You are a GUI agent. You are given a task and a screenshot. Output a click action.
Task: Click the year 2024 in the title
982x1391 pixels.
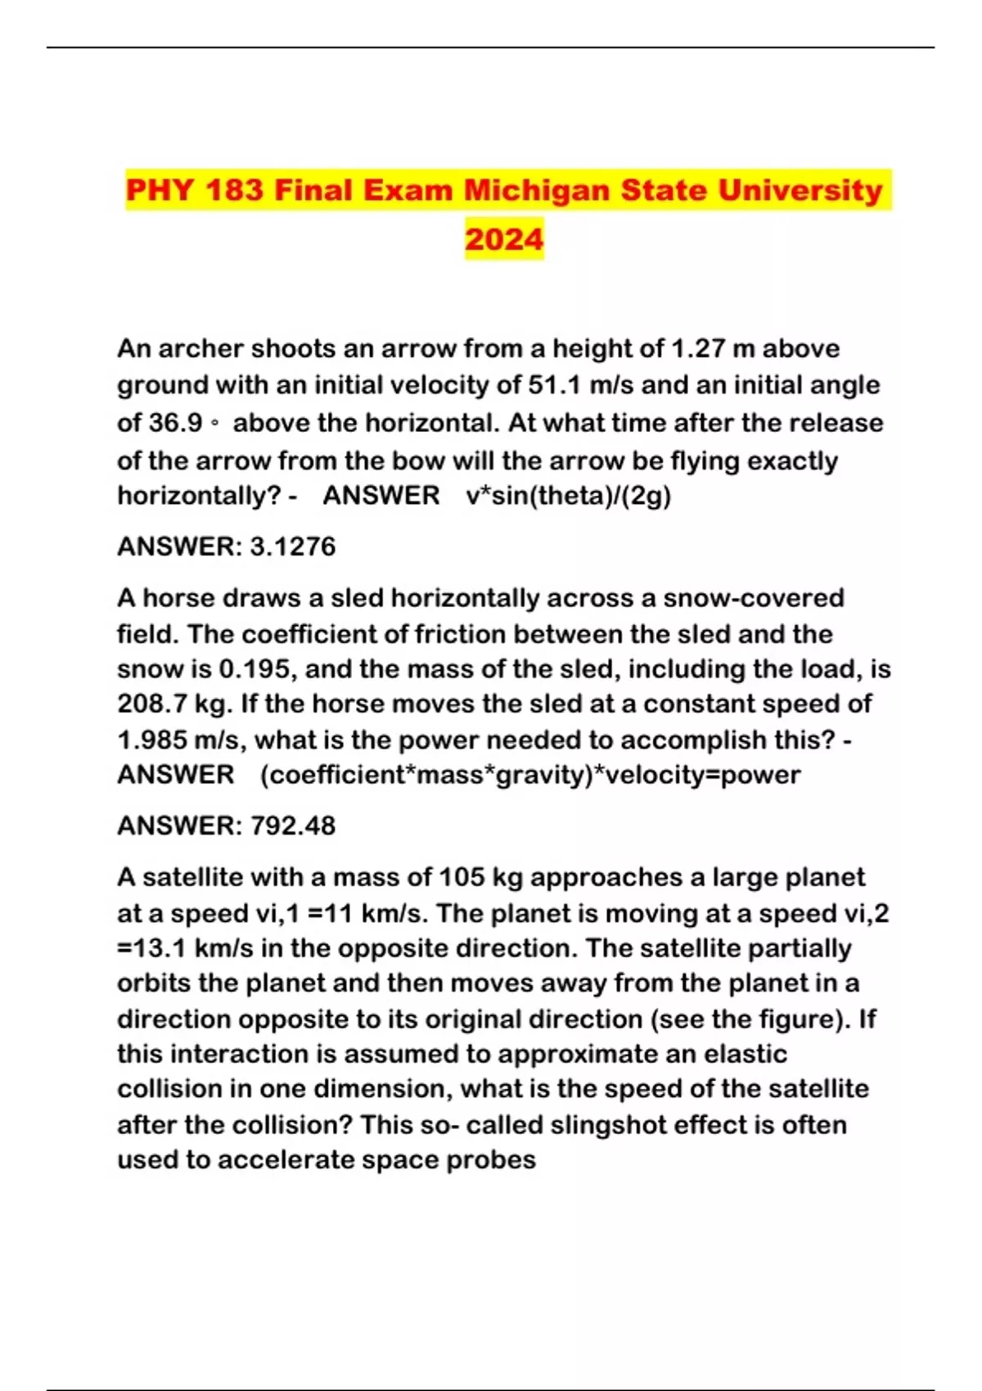coord(504,239)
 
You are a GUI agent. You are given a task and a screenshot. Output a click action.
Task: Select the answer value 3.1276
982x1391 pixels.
coord(292,547)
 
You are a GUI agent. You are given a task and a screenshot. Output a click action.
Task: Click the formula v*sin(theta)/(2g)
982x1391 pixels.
coord(569,496)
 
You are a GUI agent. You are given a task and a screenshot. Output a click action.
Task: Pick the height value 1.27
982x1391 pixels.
coord(698,349)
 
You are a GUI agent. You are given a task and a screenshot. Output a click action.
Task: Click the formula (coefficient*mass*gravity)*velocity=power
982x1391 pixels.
coord(530,775)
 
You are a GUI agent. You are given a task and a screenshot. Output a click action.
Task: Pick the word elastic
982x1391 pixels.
coord(743,1054)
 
